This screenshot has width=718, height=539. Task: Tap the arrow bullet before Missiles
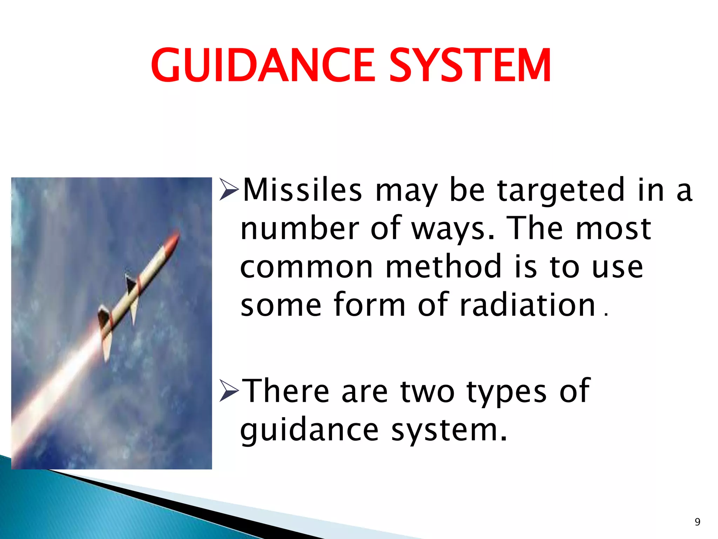229,190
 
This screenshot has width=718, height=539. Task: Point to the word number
300,229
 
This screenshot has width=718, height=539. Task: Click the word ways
452,229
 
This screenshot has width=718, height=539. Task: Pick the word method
443,267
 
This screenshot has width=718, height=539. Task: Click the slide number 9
697,522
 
